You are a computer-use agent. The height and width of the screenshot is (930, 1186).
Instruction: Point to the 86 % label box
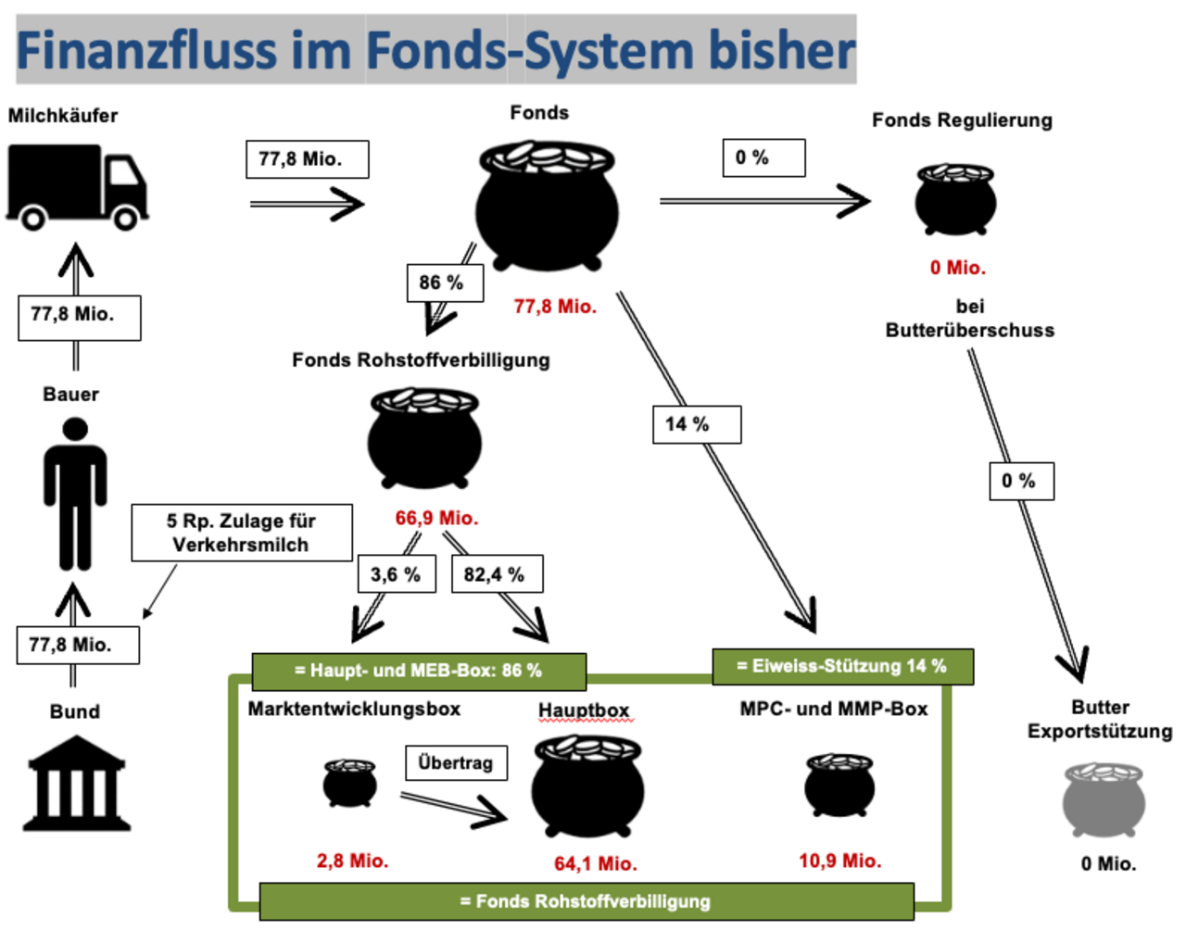(445, 283)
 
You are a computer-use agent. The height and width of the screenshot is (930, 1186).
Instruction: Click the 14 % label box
(696, 424)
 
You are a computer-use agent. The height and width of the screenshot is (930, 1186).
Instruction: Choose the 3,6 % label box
(397, 574)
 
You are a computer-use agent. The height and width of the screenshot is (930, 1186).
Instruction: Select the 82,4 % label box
(496, 574)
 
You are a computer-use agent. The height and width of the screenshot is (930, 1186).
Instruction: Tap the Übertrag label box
(455, 763)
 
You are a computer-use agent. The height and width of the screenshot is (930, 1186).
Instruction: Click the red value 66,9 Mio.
(436, 518)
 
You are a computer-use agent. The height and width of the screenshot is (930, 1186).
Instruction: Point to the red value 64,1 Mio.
(596, 863)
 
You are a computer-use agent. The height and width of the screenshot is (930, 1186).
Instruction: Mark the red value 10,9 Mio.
(840, 861)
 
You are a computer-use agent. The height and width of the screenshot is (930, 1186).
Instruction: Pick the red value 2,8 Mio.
(352, 861)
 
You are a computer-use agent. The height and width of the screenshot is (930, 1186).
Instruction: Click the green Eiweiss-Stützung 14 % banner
(842, 666)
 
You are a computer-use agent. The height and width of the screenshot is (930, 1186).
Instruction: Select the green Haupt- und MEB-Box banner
(418, 671)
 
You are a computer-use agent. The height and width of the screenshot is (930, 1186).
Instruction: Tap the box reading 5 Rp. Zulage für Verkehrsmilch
(241, 533)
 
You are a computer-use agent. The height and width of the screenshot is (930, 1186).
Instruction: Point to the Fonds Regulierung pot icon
(955, 198)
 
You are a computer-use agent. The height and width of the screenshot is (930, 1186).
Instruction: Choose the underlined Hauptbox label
(584, 710)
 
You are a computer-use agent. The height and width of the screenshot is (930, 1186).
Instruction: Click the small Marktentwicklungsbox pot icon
(350, 783)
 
